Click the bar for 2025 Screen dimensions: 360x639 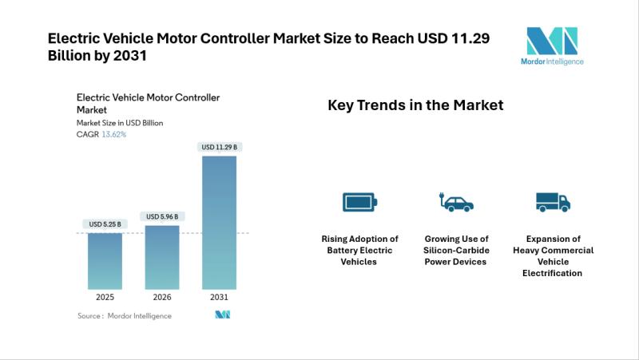point(105,260)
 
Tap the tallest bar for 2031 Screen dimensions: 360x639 point(219,222)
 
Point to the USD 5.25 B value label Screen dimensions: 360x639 point(105,224)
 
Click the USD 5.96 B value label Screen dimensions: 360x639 point(162,216)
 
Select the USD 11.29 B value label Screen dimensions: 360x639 point(219,147)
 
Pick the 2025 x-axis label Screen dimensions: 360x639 point(105,296)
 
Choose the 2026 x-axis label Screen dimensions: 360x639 point(162,296)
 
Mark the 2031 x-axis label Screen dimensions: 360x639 point(219,296)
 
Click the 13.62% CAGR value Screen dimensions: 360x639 point(113,134)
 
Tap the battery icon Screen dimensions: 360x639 point(359,202)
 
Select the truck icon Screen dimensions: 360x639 point(553,202)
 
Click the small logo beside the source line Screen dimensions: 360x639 point(223,315)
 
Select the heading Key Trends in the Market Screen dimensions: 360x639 point(415,105)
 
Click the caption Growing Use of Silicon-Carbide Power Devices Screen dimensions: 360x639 point(456,250)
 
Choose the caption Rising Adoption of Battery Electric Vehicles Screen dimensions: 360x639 point(359,250)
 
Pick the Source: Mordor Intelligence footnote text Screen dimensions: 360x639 point(124,315)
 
